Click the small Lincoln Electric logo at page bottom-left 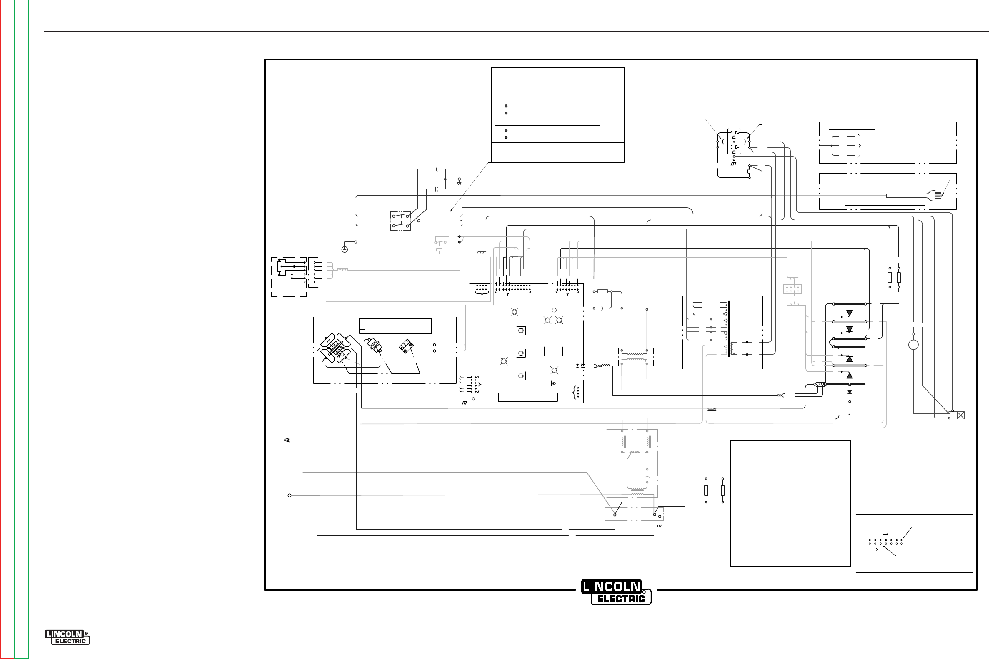tap(67, 637)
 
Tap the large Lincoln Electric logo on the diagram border tap(616, 592)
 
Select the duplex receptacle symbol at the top tap(734, 142)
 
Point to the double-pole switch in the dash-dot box tap(400, 221)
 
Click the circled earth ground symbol tap(345, 249)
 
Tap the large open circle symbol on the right tap(913, 345)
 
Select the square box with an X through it tap(960, 415)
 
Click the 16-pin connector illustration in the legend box tap(886, 541)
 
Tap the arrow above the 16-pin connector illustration tap(885, 534)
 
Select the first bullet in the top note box tap(506, 106)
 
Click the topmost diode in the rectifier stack tap(850, 313)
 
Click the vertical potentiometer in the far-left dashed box tap(279, 266)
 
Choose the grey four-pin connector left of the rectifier tap(792, 289)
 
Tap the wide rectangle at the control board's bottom tap(528, 397)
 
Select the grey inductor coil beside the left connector tap(343, 269)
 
